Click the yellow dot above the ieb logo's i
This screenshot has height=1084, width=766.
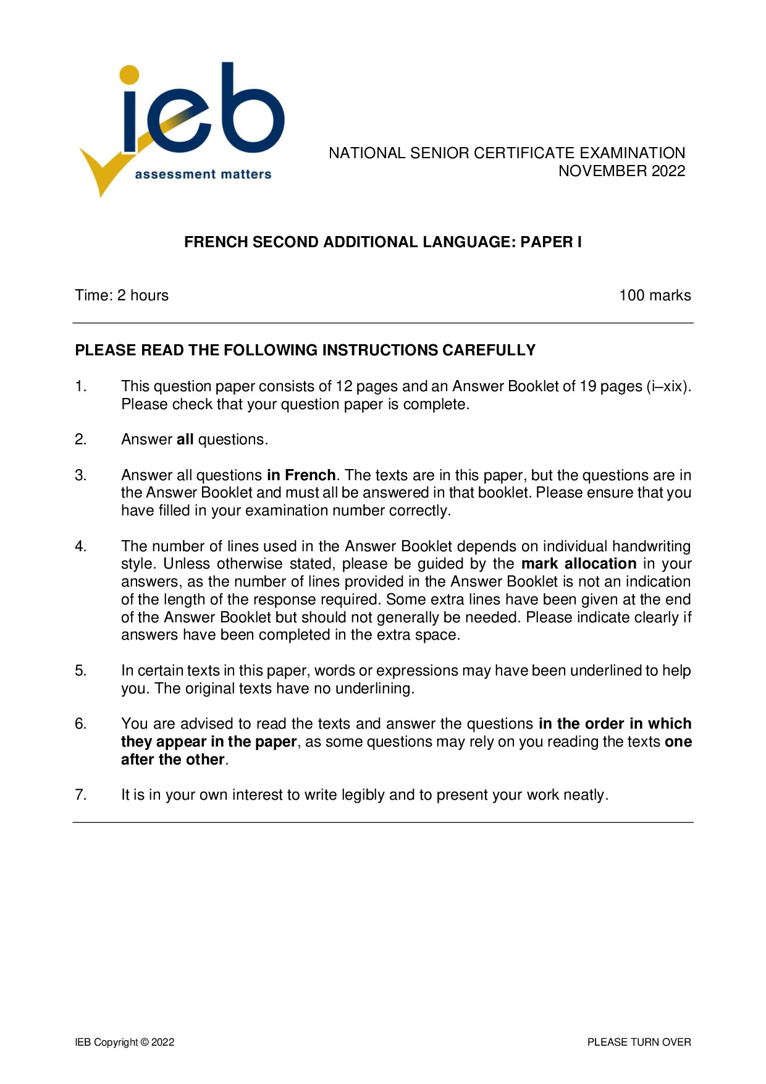(129, 74)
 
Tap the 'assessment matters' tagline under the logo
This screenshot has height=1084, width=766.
(203, 175)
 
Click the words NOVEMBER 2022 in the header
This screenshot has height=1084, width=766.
(621, 171)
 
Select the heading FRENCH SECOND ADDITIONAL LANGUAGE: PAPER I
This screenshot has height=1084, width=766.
(382, 242)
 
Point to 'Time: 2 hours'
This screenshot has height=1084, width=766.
(122, 295)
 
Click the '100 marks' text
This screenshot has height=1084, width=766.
(655, 295)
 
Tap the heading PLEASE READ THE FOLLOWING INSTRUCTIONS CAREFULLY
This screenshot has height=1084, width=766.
(305, 350)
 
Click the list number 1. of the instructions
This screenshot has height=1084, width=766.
(81, 387)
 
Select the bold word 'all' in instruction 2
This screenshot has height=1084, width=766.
(185, 439)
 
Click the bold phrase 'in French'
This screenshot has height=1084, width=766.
(301, 475)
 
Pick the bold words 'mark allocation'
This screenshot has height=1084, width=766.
(578, 564)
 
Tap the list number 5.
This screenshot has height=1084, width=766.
(81, 671)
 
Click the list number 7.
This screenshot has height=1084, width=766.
(81, 795)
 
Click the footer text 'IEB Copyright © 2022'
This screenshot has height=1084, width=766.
(125, 1042)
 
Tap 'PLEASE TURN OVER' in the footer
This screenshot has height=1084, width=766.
(639, 1042)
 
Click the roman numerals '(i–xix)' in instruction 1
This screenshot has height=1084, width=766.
(668, 387)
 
